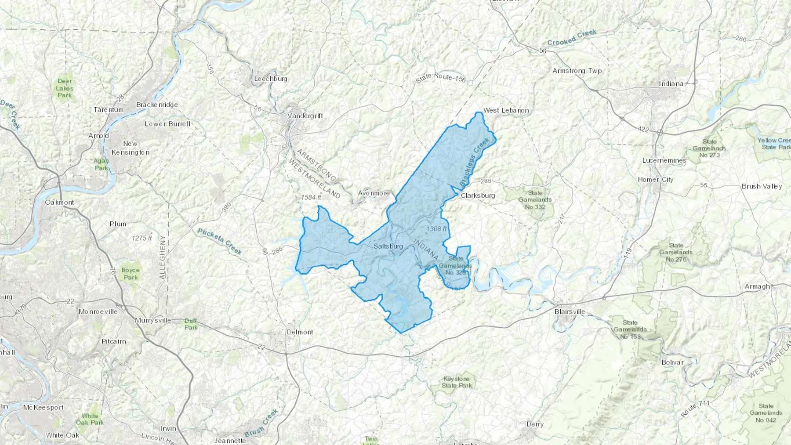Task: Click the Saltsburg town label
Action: (388, 246)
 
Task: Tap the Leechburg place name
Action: (271, 79)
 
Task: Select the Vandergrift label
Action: (305, 116)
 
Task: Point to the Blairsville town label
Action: (570, 312)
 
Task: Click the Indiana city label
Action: (671, 84)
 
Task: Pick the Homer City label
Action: (655, 179)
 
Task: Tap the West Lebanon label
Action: (506, 110)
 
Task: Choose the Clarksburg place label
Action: (478, 195)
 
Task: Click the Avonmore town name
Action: (374, 193)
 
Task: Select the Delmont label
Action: (300, 332)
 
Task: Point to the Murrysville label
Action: (153, 320)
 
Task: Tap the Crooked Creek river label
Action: (572, 38)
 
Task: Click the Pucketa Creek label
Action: (220, 241)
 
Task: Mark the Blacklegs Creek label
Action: (474, 161)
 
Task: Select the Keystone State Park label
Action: (457, 382)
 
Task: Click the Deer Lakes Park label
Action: (65, 88)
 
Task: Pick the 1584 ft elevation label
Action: (311, 198)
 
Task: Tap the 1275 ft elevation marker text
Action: (142, 238)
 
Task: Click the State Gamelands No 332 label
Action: (535, 199)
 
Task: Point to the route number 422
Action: (643, 129)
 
